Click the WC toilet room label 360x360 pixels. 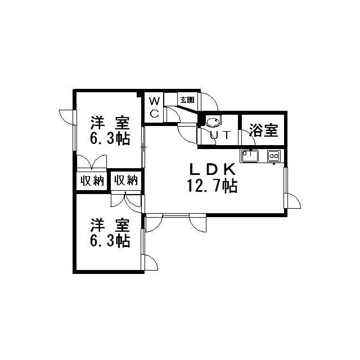point(154,107)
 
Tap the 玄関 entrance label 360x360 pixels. point(187,100)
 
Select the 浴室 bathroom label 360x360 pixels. point(263,130)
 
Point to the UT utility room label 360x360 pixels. point(220,135)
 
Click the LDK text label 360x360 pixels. point(212,169)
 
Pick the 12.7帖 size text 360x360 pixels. point(212,186)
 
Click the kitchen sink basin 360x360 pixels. point(250,156)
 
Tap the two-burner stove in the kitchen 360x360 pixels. point(274,156)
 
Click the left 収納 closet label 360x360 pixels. point(92,181)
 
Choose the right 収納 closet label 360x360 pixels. point(126,180)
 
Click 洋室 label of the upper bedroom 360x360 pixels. point(110,123)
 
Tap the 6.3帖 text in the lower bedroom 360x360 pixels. point(110,241)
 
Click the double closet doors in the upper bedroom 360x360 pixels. point(92,161)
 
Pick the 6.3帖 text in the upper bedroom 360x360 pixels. point(110,139)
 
